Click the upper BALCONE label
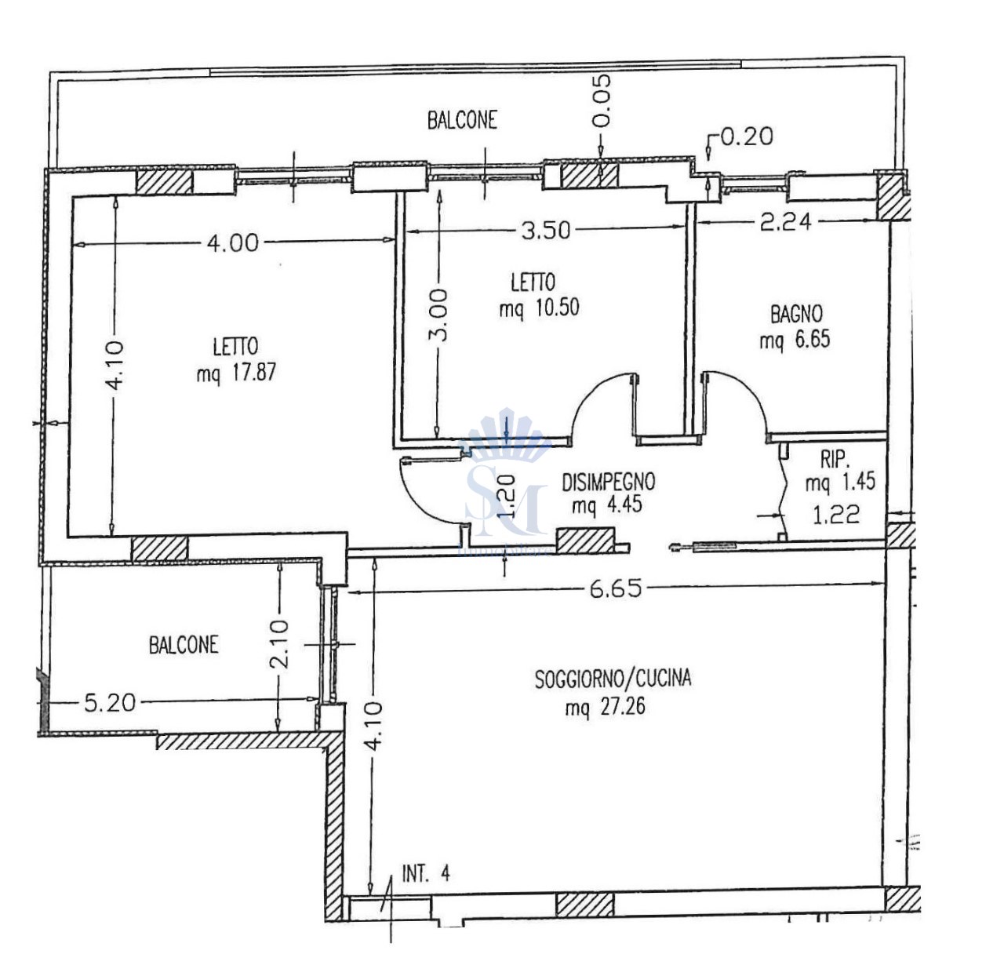(x=462, y=120)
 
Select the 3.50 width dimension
(x=545, y=230)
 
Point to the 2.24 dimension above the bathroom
(x=786, y=221)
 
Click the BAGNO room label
(x=796, y=315)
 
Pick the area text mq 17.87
(x=236, y=372)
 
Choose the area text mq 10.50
(x=539, y=308)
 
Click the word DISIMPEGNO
(x=608, y=482)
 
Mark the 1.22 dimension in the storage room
(x=836, y=515)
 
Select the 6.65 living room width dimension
(x=616, y=588)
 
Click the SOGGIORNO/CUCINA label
(x=613, y=679)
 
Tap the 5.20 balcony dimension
(x=110, y=702)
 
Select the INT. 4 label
(x=426, y=874)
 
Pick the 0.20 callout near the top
(x=747, y=137)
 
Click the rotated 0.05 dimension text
(x=601, y=100)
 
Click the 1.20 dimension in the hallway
(x=507, y=497)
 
